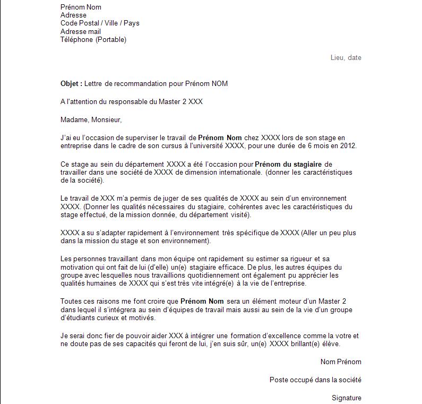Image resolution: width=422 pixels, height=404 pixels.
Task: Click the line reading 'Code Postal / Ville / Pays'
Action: (x=100, y=23)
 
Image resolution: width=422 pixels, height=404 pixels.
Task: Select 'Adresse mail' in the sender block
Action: (x=81, y=32)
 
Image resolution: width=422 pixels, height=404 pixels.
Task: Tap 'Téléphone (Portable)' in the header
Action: (x=93, y=40)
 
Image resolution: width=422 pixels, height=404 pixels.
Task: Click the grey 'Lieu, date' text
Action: (x=346, y=57)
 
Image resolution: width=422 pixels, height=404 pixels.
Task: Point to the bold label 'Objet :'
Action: (x=72, y=84)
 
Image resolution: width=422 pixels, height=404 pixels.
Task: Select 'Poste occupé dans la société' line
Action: (x=315, y=380)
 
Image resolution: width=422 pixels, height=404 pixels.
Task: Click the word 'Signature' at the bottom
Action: (x=346, y=398)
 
